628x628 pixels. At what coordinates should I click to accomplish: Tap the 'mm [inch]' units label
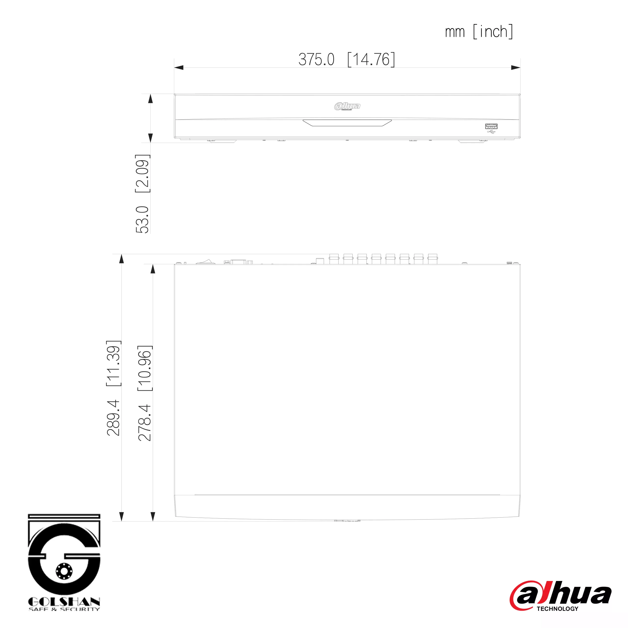coord(479,32)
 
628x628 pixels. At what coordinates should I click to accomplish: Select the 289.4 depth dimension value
coord(113,418)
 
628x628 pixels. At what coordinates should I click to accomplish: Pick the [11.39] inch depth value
coord(113,363)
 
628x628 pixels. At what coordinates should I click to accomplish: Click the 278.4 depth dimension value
coord(145,423)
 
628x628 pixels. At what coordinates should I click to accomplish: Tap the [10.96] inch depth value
coord(145,368)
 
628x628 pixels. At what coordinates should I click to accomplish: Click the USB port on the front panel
coord(491,126)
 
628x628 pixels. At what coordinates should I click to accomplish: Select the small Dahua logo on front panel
coord(347,106)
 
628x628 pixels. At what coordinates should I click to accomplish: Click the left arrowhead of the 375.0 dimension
coord(179,68)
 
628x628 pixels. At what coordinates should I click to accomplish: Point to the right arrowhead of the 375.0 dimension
coord(516,68)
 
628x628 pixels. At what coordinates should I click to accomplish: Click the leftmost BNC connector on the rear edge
coord(334,259)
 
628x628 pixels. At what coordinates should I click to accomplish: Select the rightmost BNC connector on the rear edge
coord(432,259)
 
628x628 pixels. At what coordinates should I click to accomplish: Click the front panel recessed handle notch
coord(347,123)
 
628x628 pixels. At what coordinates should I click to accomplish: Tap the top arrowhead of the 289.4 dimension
coord(122,259)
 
